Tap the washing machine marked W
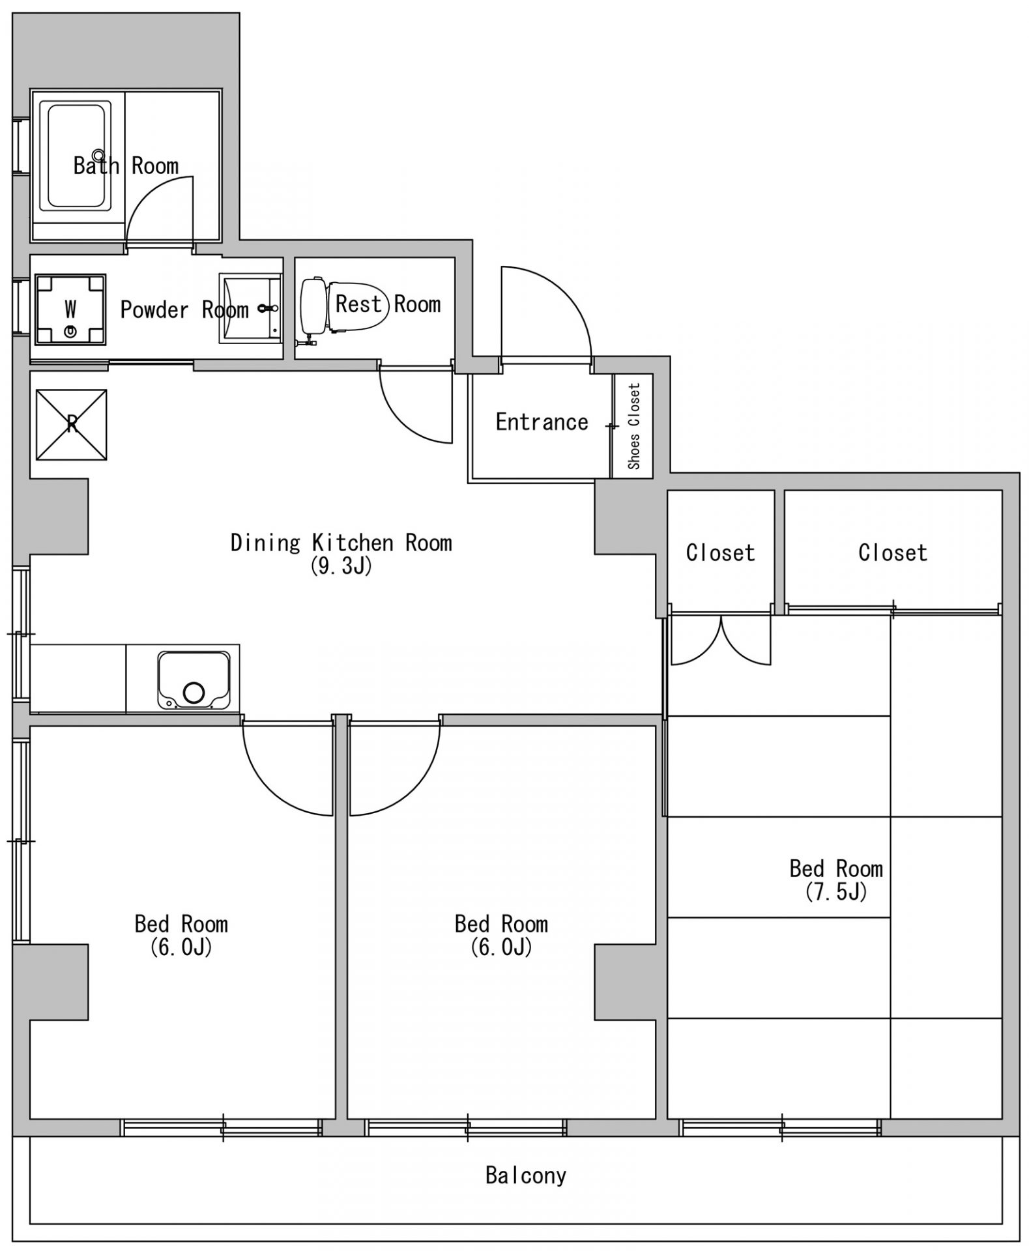70,308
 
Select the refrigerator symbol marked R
71,424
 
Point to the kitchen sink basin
194,680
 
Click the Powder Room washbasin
250,308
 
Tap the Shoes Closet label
634,426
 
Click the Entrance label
542,422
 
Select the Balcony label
526,1175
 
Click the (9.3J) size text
341,566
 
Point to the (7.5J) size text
836,891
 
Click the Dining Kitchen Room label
341,542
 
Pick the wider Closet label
893,553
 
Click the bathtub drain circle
98,155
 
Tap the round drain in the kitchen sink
194,693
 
